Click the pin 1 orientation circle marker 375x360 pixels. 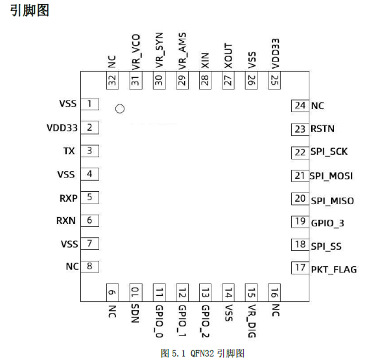120,109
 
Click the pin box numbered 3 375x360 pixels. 89,151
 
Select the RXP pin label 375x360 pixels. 68,198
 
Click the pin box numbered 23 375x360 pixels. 300,129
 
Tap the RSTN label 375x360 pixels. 323,129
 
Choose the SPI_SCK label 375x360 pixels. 329,152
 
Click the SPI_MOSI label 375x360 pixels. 331,176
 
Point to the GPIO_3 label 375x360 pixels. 327,223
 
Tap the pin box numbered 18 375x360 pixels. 300,245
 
